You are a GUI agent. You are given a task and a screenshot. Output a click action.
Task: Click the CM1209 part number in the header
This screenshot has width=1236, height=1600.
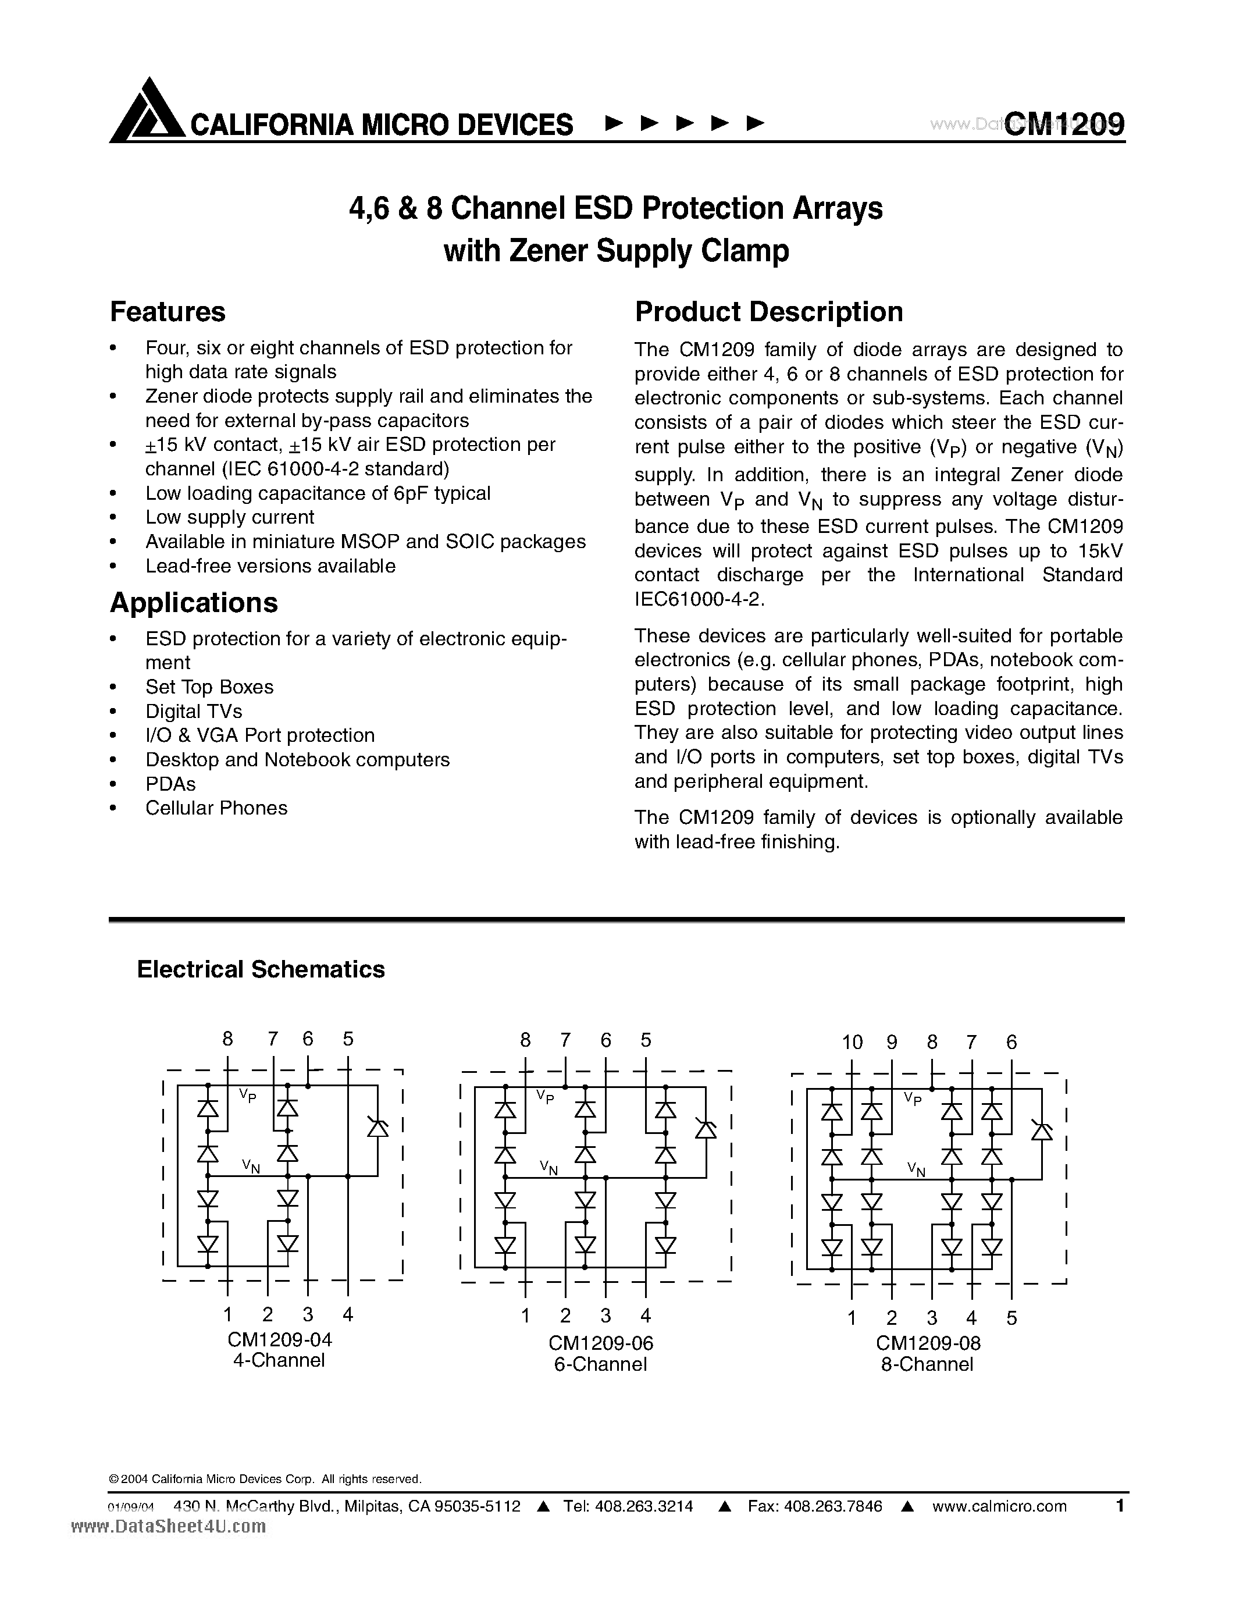point(1064,124)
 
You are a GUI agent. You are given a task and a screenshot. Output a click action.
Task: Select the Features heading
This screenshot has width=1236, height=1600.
point(168,312)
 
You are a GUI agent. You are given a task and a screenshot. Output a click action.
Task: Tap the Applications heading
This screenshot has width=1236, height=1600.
point(194,603)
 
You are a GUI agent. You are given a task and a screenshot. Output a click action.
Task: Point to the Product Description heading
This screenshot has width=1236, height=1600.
point(769,312)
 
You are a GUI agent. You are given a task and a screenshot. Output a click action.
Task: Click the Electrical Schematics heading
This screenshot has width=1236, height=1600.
point(261,969)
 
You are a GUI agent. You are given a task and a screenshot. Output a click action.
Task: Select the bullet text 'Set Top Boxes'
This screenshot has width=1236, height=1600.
point(209,687)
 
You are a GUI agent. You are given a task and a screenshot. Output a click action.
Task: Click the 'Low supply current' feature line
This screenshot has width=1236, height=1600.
point(230,517)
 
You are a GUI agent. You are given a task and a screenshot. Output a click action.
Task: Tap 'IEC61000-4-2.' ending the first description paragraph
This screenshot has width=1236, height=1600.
point(700,599)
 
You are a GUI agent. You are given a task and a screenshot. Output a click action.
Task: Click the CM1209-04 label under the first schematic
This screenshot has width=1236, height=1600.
point(279,1340)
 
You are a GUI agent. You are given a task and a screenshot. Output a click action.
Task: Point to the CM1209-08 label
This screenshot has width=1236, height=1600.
point(928,1343)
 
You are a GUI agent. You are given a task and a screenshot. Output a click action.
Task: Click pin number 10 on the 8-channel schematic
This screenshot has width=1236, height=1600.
point(852,1043)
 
